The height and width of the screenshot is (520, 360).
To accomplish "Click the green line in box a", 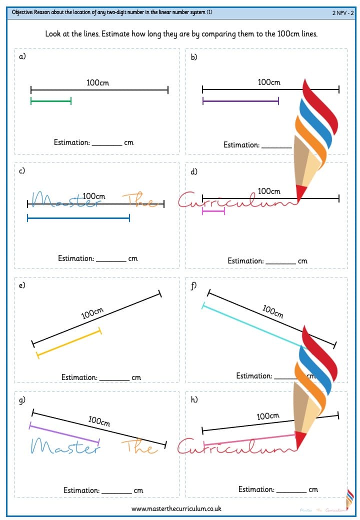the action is (50, 101).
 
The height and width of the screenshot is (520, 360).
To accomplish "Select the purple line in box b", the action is (240, 101).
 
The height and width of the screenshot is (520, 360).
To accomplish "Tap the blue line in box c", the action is (78, 218).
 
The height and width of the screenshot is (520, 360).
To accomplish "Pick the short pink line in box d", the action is (213, 211).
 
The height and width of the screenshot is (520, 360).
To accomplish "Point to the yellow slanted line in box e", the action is (69, 343).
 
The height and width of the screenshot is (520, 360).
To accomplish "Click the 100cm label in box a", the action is (97, 82).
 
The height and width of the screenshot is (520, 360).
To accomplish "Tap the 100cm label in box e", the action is (92, 312).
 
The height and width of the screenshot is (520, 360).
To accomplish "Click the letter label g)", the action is (22, 400).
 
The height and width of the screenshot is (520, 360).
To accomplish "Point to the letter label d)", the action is (194, 171).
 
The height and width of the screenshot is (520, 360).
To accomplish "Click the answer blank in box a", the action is (107, 145).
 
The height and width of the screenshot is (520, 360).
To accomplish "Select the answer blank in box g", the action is (116, 493).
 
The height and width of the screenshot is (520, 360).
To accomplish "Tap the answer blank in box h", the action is (291, 492).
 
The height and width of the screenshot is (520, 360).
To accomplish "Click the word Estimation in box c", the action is (76, 258).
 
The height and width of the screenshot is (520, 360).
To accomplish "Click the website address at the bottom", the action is (176, 508).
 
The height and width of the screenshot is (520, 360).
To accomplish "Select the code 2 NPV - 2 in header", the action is (343, 13).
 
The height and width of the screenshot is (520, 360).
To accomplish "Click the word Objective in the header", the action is (22, 12).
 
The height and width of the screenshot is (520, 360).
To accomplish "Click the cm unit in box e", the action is (136, 377).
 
